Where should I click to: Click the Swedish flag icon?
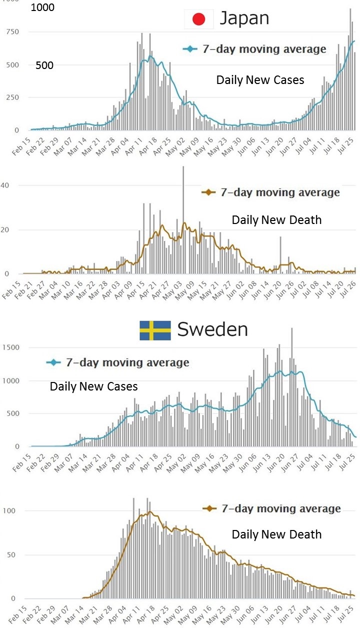(155, 330)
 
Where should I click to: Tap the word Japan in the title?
(244, 19)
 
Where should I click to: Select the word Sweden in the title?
(212, 329)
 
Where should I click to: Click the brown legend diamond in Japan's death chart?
(208, 192)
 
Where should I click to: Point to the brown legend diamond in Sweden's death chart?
(209, 509)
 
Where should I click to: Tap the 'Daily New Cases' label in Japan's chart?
(260, 80)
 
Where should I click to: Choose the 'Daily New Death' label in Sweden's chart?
(276, 534)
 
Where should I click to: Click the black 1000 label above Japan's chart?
(42, 8)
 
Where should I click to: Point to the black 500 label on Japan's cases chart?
(44, 65)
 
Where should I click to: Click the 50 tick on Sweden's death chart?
(12, 555)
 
